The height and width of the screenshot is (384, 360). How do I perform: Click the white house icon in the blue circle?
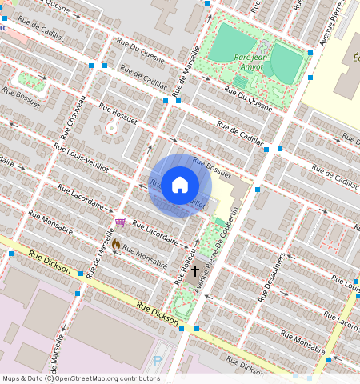(x=180, y=186)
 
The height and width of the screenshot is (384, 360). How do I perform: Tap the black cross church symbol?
(x=194, y=271)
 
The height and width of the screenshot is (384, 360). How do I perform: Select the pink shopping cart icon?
(x=120, y=222)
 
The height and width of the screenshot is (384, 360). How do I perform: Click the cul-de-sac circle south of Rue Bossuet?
(x=111, y=127)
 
